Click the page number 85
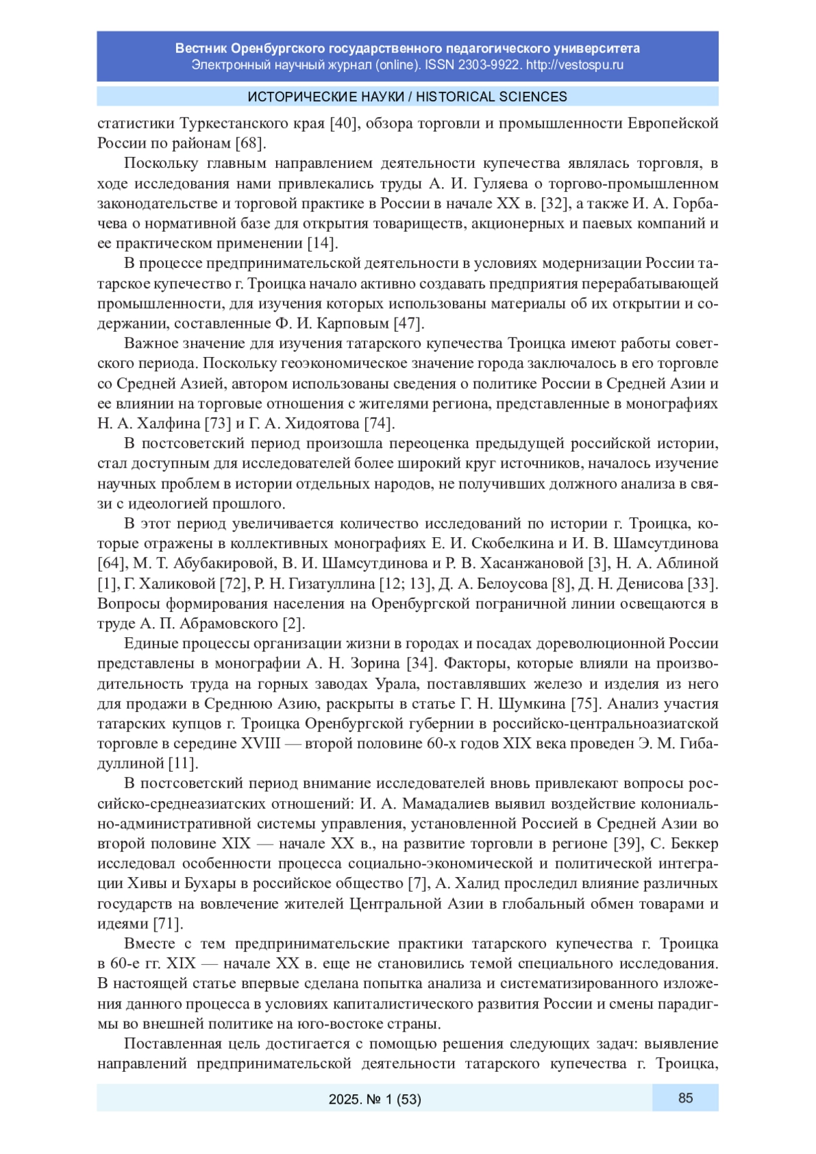tap(685, 1098)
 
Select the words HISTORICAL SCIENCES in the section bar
tap(492, 97)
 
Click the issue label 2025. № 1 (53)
tap(375, 1099)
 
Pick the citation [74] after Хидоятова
tap(379, 424)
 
